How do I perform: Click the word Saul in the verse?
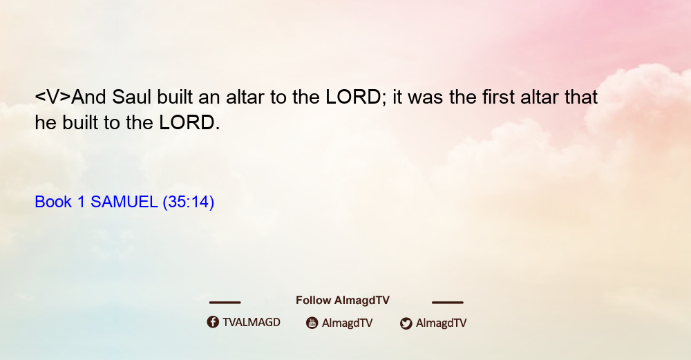(131, 97)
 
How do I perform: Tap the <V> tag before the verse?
(53, 97)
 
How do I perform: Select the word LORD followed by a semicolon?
(353, 97)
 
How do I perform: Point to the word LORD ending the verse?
(187, 122)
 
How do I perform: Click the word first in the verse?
(498, 97)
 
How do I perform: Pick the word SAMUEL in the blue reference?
(124, 202)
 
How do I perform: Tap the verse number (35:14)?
(188, 202)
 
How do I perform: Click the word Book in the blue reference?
(53, 202)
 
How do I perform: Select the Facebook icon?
(213, 322)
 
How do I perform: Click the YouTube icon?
(312, 323)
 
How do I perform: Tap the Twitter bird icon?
(406, 323)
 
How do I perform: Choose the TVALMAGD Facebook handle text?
(252, 322)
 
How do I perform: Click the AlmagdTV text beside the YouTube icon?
(348, 323)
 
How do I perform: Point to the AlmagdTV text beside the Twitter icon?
(441, 323)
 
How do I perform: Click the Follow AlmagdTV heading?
(343, 300)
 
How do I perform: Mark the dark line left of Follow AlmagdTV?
(225, 302)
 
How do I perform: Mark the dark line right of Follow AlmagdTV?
(448, 302)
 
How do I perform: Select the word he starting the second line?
(46, 122)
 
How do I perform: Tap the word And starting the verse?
(88, 97)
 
